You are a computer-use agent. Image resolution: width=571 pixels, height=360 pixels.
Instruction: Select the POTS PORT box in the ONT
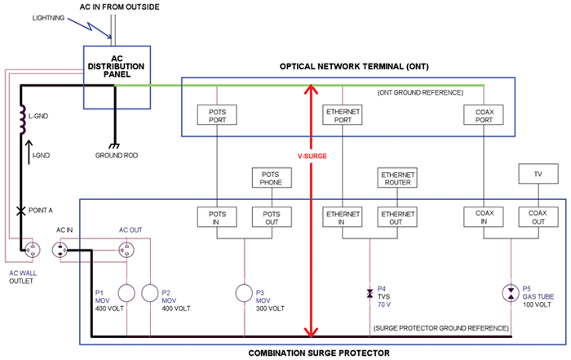(x=217, y=116)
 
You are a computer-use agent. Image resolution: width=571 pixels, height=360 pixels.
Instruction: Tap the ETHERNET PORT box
(x=343, y=116)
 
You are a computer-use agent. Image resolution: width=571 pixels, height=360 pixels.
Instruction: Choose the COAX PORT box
(x=485, y=116)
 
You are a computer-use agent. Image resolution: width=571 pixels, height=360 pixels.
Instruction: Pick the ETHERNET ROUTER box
(x=395, y=177)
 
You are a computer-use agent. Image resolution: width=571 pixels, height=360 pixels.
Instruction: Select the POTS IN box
(x=217, y=216)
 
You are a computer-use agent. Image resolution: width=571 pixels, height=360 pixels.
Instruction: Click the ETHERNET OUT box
(x=395, y=216)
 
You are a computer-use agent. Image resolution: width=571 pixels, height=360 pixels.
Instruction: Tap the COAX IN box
(x=485, y=216)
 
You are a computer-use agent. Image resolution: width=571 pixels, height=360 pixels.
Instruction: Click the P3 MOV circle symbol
(x=246, y=293)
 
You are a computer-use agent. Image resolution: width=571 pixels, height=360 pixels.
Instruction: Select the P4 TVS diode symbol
(x=370, y=291)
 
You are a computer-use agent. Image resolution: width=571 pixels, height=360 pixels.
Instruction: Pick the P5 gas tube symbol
(x=511, y=291)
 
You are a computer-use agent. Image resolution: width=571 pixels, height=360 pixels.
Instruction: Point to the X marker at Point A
(x=19, y=211)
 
